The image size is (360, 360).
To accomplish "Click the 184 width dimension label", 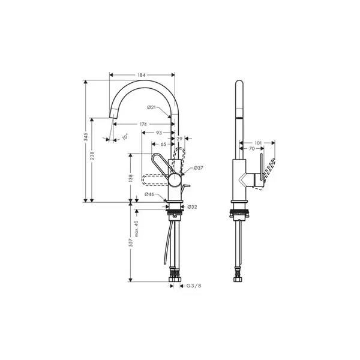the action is (x=142, y=75).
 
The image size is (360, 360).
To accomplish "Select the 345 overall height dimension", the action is (x=86, y=137).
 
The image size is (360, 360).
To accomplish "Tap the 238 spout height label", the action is (x=92, y=155).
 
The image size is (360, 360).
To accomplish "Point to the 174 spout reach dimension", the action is (x=143, y=124).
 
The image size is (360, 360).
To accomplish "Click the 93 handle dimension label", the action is (x=159, y=133).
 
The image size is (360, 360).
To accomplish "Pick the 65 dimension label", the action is (x=163, y=144).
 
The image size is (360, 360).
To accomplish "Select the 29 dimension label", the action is (x=179, y=139).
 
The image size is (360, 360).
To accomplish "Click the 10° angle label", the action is (x=125, y=137).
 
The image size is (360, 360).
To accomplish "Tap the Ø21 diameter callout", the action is (x=152, y=107).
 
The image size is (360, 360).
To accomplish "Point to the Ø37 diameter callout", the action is (x=199, y=168).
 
